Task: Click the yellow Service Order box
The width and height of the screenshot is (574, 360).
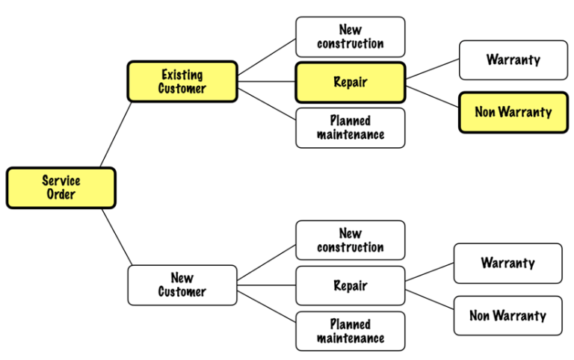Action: click(61, 187)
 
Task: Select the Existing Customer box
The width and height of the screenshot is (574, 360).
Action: click(182, 81)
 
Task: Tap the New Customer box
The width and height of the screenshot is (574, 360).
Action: click(182, 285)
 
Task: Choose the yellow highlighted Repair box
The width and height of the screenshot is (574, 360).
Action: click(351, 82)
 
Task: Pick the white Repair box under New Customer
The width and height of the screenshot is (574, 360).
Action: click(351, 285)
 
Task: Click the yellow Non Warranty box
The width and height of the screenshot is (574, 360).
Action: click(513, 113)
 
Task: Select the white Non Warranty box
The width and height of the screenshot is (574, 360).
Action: click(507, 315)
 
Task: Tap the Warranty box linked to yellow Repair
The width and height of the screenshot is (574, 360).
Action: click(513, 60)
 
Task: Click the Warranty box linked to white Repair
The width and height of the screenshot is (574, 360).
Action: click(507, 263)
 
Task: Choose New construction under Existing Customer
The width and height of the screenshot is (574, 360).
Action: click(351, 37)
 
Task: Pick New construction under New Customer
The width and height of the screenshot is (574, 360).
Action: click(351, 240)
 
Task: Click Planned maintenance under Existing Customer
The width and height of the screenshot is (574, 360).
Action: click(351, 128)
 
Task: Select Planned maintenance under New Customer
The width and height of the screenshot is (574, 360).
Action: click(351, 331)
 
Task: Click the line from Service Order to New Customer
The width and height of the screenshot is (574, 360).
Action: click(117, 238)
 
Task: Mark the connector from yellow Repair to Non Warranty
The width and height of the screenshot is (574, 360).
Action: click(432, 96)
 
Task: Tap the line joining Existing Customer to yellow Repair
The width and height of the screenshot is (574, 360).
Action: click(267, 81)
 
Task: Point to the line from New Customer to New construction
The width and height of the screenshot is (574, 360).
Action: click(267, 261)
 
